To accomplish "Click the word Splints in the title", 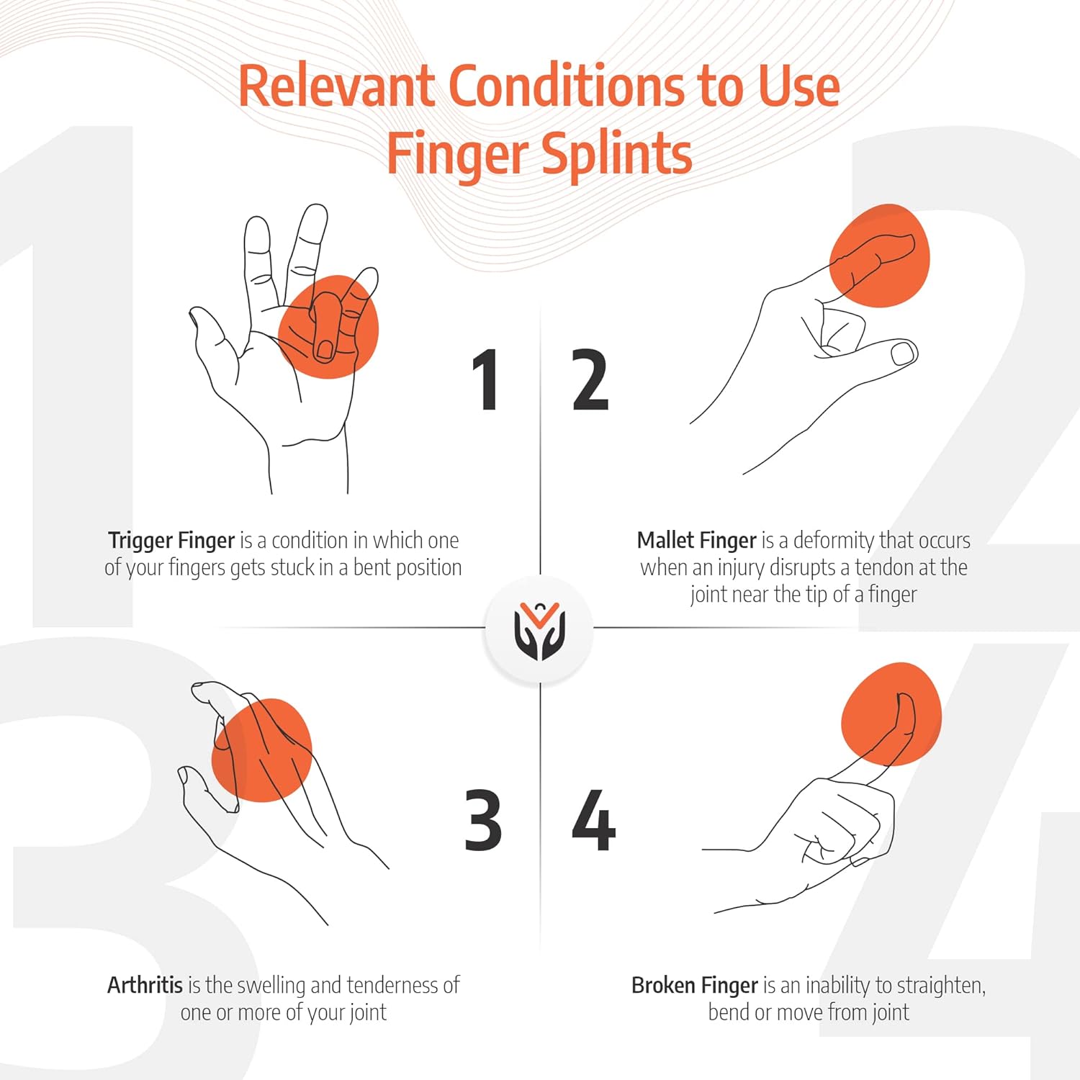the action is click(x=616, y=154).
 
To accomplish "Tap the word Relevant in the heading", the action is click(x=337, y=86).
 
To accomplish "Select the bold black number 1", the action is click(x=486, y=380).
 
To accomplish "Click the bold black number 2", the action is click(x=590, y=380).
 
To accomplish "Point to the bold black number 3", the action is click(x=483, y=820).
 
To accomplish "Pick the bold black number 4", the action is click(x=594, y=820).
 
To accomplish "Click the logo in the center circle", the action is click(x=540, y=631).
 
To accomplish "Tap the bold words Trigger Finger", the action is click(x=171, y=541).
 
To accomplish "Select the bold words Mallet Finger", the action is click(x=696, y=540).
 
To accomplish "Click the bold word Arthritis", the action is click(x=145, y=984).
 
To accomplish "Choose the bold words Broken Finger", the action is click(x=695, y=985).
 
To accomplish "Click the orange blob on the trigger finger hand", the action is click(x=329, y=327).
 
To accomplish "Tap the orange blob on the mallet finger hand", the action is click(x=880, y=256).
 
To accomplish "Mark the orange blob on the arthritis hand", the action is click(x=262, y=750).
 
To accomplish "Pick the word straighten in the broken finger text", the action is click(x=937, y=986).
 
